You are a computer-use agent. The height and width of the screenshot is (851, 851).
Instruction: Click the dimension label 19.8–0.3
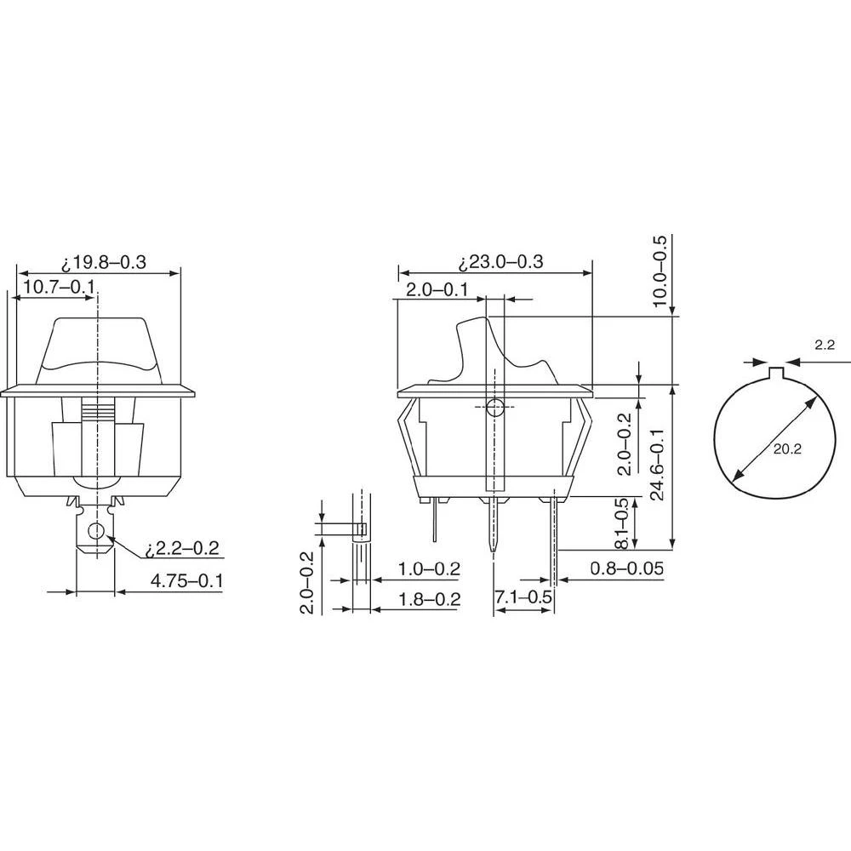tap(104, 263)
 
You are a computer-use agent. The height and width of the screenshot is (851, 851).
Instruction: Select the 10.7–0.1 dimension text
tap(58, 287)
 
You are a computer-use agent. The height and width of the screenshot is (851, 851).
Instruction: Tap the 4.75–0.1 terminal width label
tap(186, 581)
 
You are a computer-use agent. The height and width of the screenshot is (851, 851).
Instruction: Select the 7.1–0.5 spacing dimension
tap(523, 598)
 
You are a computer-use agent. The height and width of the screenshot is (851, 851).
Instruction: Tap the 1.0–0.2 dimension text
tap(429, 569)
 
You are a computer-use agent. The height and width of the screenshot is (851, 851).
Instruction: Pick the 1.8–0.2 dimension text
tap(429, 599)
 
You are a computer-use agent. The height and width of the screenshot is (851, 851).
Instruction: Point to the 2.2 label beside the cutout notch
tap(824, 345)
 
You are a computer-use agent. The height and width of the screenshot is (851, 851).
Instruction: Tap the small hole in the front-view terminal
tap(96, 533)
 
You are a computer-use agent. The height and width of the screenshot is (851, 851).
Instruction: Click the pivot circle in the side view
tap(495, 407)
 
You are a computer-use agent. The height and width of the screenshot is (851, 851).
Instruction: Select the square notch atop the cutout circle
tap(775, 374)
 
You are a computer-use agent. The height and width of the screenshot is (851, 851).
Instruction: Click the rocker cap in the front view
tap(98, 349)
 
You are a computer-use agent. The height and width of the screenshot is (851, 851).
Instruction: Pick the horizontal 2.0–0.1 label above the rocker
tap(437, 290)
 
